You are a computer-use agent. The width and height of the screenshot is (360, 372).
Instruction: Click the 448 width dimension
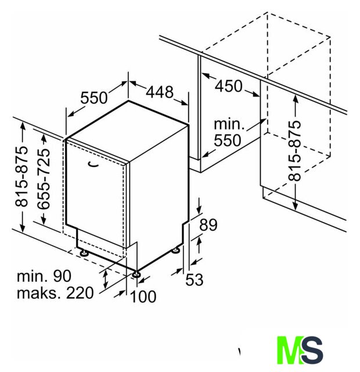(x=160, y=92)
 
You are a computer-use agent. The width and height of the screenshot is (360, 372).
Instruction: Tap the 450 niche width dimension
(x=228, y=86)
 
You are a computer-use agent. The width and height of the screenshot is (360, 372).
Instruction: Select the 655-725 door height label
(x=44, y=179)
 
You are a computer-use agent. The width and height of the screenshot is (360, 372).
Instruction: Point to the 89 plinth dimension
(x=208, y=225)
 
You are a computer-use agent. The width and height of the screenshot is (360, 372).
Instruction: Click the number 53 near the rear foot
(x=195, y=280)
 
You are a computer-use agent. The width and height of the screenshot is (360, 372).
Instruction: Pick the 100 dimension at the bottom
(x=143, y=296)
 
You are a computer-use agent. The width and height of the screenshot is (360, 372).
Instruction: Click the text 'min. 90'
(x=44, y=276)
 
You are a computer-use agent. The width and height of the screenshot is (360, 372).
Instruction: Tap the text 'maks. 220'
(x=55, y=293)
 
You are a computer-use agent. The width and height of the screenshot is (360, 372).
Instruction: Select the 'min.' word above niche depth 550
(x=229, y=124)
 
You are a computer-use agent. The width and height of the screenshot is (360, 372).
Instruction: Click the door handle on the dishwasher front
(x=93, y=164)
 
